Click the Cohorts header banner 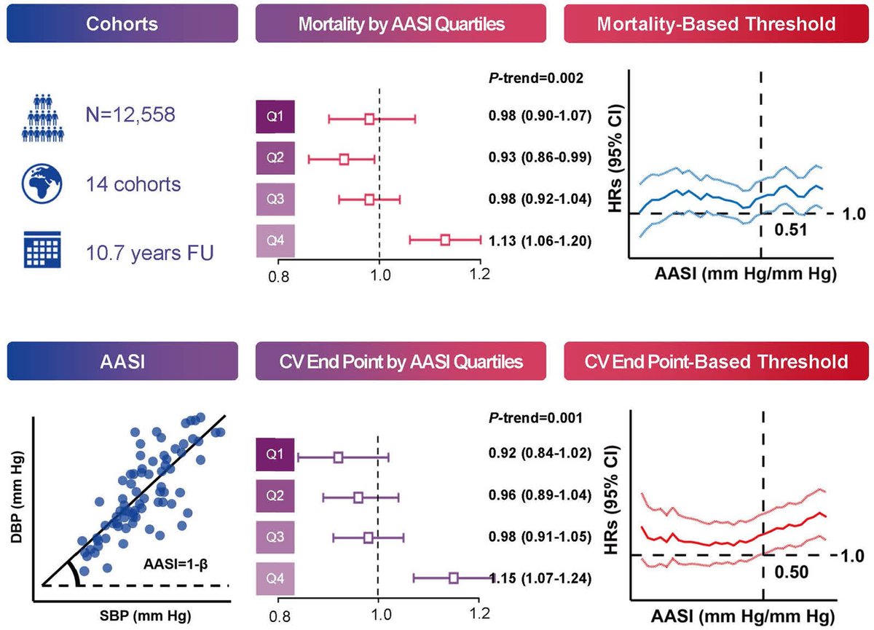point(122,24)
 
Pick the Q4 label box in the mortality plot point(275,240)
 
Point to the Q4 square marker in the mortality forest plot point(445,239)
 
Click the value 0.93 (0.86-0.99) point(539,158)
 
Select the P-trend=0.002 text point(535,78)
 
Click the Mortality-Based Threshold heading point(715,24)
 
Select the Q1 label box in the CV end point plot point(275,456)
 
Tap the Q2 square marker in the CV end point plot point(358,497)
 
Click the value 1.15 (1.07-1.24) point(540,579)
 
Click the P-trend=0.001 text point(535,418)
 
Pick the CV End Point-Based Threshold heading point(715,361)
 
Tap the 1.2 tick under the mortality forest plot point(479,277)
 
